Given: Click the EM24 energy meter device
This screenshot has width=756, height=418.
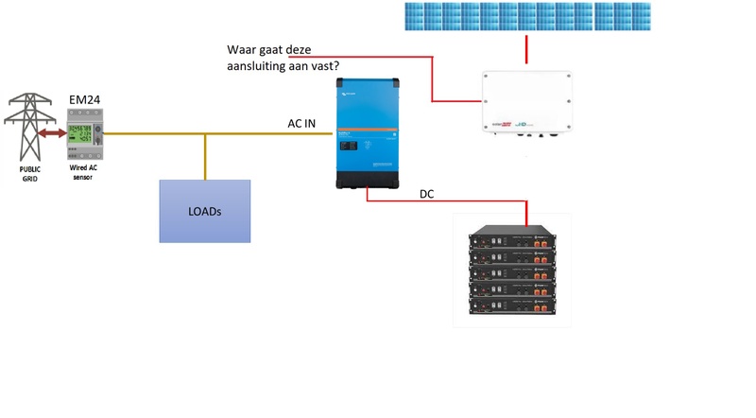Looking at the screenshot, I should (x=83, y=140).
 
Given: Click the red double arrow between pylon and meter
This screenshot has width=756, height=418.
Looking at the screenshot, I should (x=53, y=134).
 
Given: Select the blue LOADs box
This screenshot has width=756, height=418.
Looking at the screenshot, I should (x=204, y=211).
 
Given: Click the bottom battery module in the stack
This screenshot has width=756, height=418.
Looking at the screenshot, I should (x=512, y=307).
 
